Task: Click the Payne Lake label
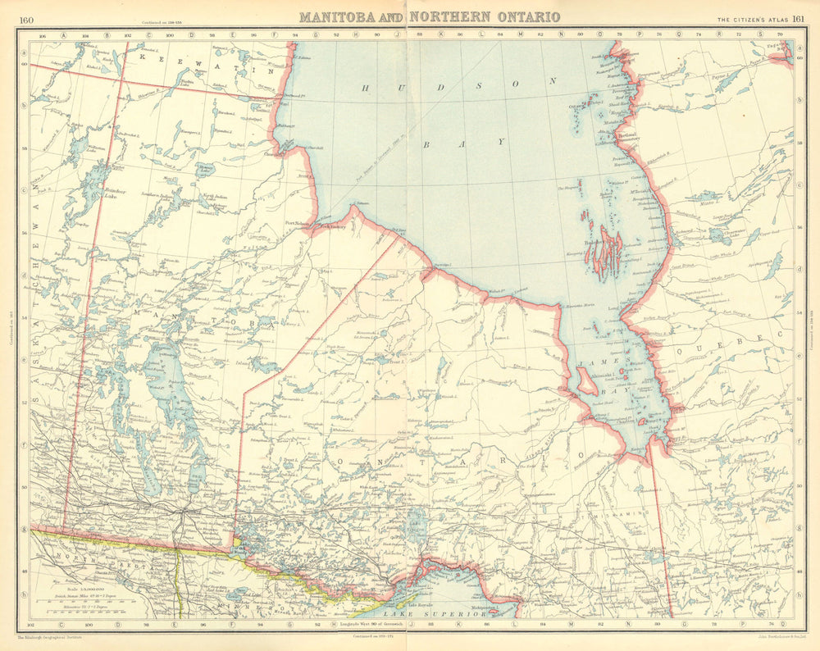[x=721, y=75]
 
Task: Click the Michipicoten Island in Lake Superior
[x=493, y=608]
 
